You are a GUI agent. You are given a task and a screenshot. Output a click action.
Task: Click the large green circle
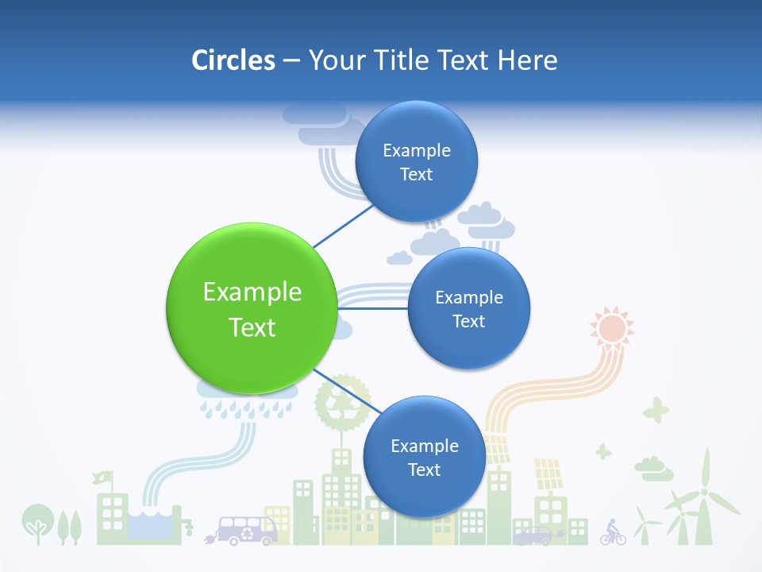(x=252, y=308)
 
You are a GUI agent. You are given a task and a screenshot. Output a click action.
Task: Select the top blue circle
(x=416, y=161)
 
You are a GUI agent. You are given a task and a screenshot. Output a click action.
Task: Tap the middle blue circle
(x=468, y=308)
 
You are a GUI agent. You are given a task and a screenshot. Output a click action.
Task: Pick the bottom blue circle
(x=424, y=457)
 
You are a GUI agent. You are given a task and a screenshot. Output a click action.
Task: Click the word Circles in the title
(x=233, y=60)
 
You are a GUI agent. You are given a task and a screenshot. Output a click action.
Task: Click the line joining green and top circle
(x=343, y=226)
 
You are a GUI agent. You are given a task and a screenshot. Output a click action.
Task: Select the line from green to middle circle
(x=373, y=308)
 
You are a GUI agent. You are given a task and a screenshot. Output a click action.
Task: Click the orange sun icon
(x=612, y=327)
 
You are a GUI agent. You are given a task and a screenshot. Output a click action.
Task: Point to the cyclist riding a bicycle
(x=613, y=531)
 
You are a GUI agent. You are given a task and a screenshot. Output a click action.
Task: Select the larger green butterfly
(x=656, y=411)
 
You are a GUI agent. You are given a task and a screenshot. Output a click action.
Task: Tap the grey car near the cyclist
(x=533, y=536)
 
